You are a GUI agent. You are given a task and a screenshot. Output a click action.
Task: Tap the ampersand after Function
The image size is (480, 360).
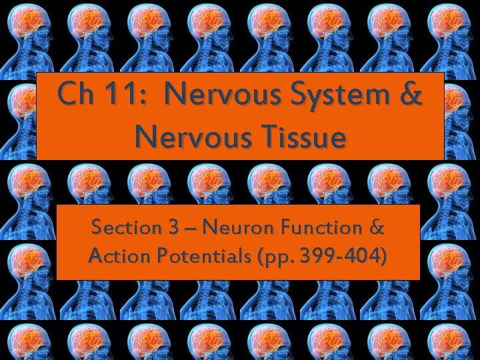click(376, 228)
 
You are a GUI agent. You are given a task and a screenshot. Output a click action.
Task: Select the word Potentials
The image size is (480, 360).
click(191, 256)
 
